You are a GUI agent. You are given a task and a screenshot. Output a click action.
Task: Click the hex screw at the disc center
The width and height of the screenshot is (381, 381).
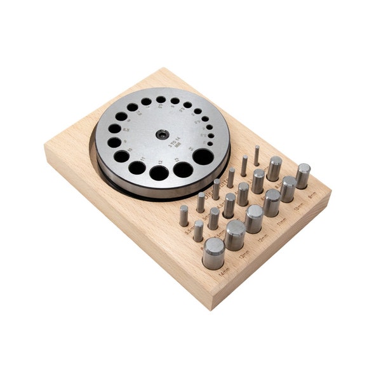(163, 135)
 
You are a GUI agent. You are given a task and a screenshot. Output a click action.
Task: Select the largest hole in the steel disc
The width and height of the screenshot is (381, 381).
(203, 157)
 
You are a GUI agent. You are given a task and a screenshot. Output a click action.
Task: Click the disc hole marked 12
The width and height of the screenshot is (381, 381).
(159, 173)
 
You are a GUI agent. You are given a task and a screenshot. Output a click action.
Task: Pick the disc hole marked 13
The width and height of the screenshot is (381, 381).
(184, 169)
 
